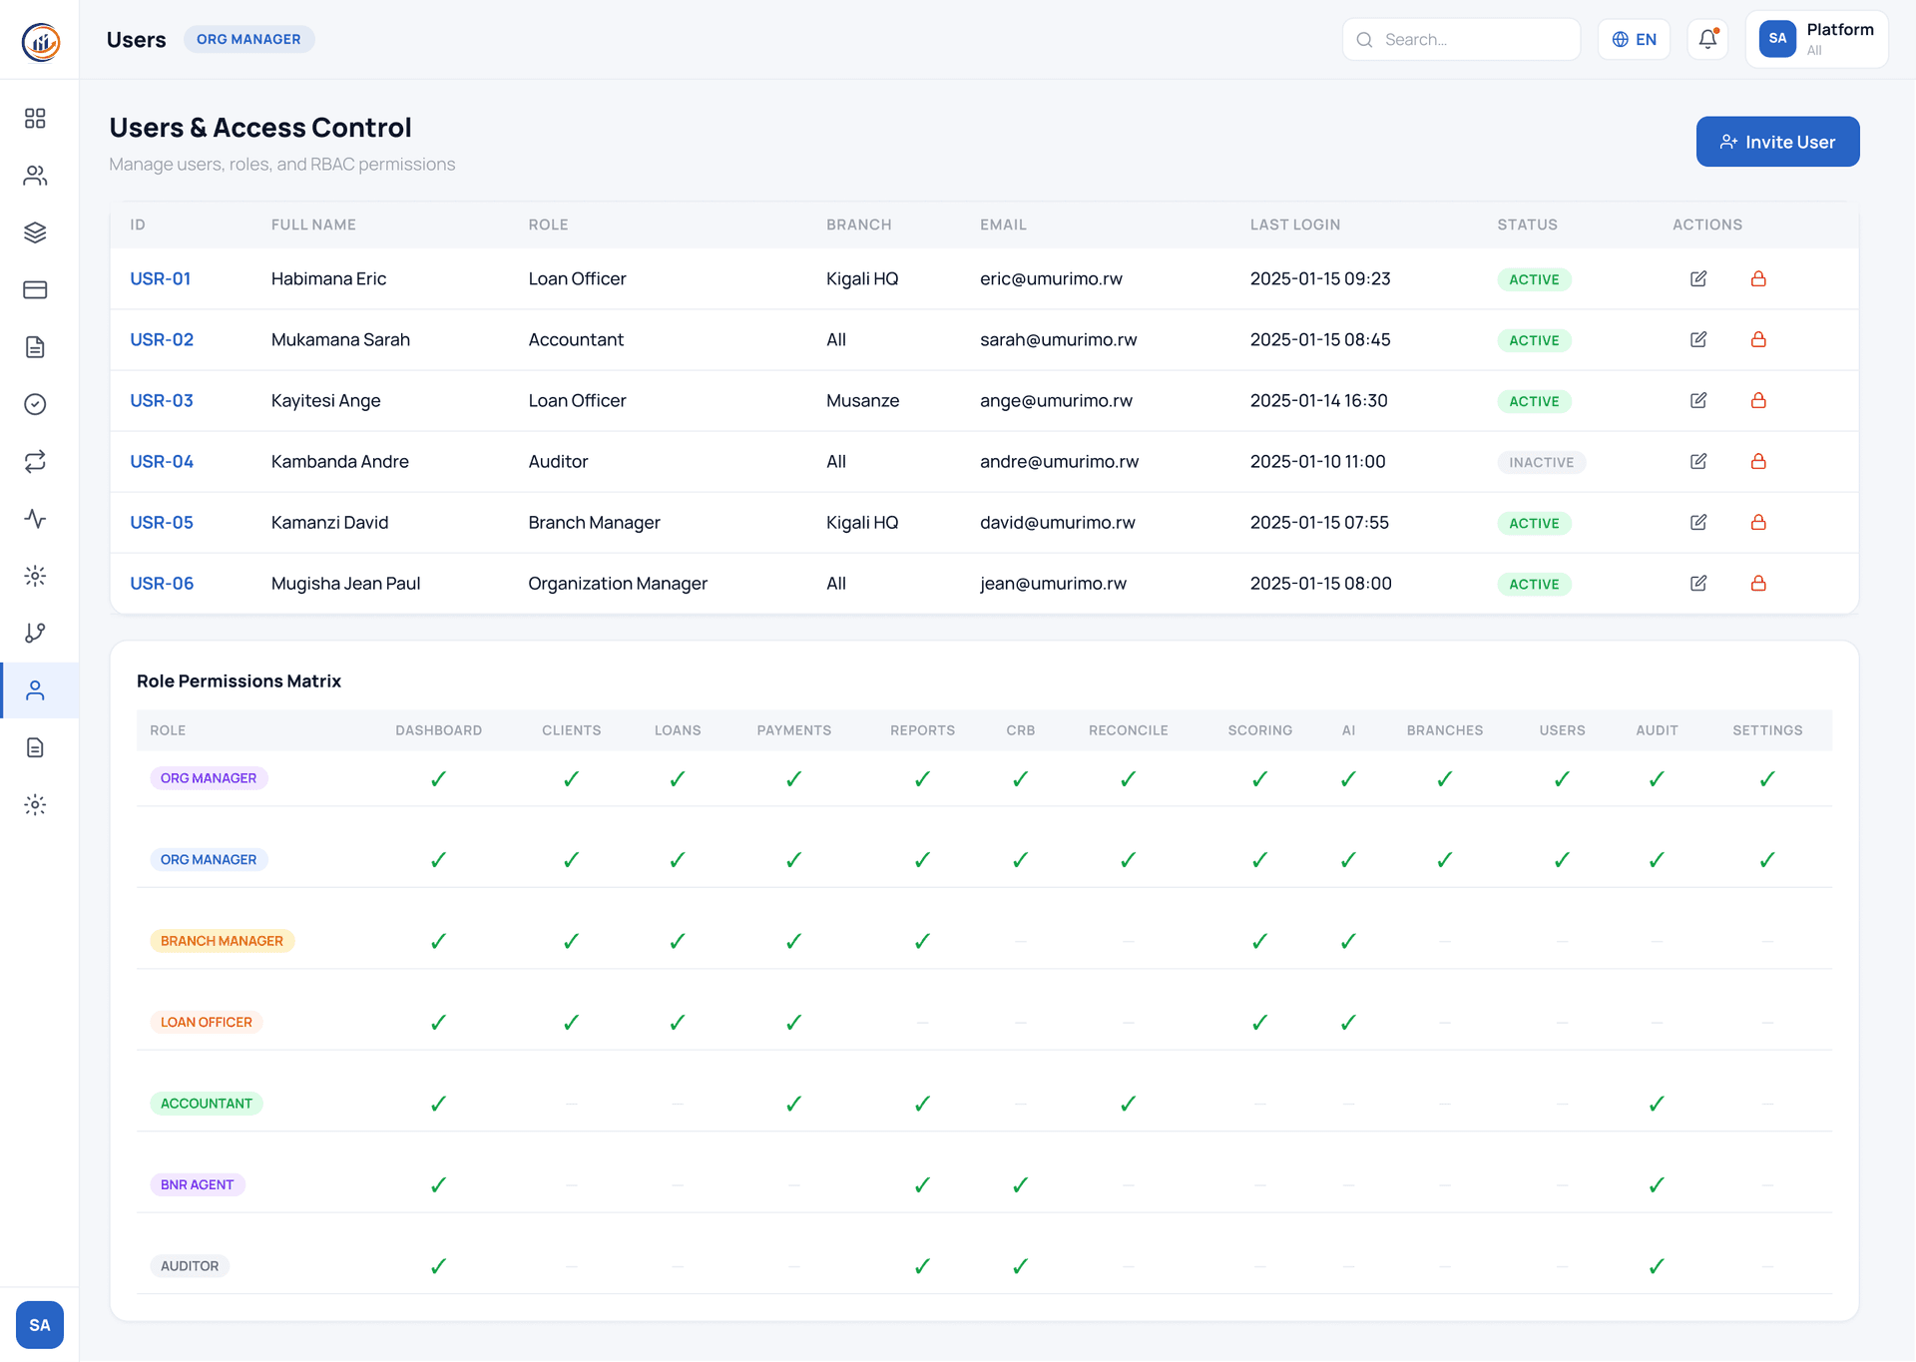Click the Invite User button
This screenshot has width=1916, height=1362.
[x=1777, y=142]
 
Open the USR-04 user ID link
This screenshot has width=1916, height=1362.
[x=162, y=461]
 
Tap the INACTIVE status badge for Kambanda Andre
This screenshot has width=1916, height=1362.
[x=1541, y=462]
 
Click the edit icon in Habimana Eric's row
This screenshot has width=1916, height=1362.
[x=1698, y=278]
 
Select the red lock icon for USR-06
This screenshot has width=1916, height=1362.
[x=1758, y=583]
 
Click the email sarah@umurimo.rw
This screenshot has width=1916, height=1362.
[x=1058, y=339]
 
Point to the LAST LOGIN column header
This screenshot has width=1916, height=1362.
[x=1295, y=225]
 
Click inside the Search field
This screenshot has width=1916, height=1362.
[x=1472, y=40]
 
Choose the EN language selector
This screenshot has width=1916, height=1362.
[x=1634, y=40]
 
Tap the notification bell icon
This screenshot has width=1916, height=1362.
[x=1707, y=40]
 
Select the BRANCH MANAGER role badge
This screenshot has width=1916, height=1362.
[x=222, y=941]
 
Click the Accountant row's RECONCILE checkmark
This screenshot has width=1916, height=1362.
[x=1128, y=1104]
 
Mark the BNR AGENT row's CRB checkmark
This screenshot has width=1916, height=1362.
[x=1020, y=1184]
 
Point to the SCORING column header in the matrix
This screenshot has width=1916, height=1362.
[x=1259, y=730]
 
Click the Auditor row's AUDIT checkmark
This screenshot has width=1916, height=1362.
[x=1657, y=1266]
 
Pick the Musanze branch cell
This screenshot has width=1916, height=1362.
[x=862, y=400]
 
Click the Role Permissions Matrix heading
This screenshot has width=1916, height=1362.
[x=239, y=681]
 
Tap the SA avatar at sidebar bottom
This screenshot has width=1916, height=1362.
[x=40, y=1325]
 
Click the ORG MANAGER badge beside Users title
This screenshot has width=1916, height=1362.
[x=248, y=39]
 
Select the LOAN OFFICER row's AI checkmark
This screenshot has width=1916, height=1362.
[x=1348, y=1022]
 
